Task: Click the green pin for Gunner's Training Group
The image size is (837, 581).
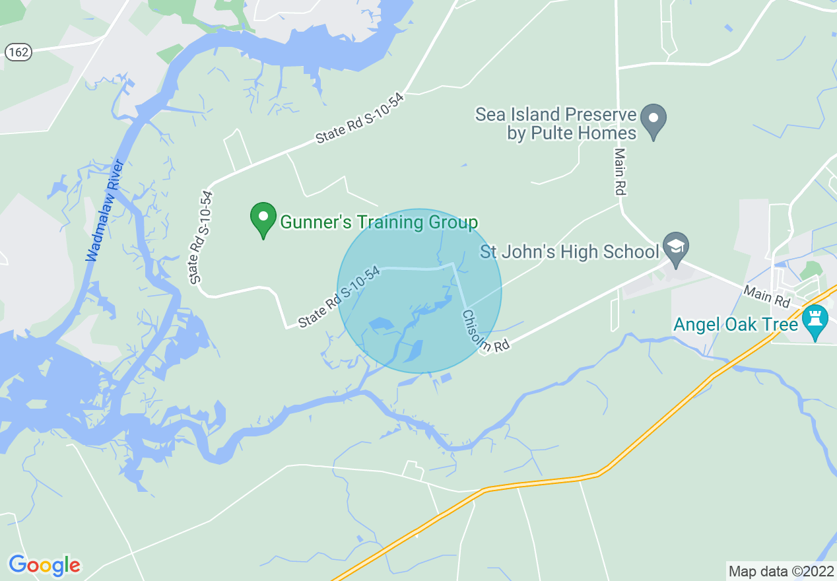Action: tap(263, 219)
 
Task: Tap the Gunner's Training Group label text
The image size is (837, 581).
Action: tap(379, 222)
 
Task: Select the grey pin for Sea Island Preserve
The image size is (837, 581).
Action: tap(654, 120)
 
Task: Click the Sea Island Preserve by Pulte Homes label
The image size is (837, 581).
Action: tap(556, 123)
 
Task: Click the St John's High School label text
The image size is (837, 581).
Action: tap(570, 252)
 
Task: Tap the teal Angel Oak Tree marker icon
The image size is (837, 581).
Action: tap(815, 321)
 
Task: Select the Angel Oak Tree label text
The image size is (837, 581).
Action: tap(735, 325)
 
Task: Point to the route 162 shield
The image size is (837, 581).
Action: tap(18, 52)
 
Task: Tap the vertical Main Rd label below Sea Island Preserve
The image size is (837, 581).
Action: tap(620, 171)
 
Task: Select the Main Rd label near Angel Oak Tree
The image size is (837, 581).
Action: tap(766, 296)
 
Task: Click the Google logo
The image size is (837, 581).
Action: tap(44, 565)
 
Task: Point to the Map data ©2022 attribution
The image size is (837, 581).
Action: tap(781, 570)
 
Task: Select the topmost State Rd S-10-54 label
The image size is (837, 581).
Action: tap(359, 118)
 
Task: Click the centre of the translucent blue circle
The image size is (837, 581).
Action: tap(419, 291)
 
